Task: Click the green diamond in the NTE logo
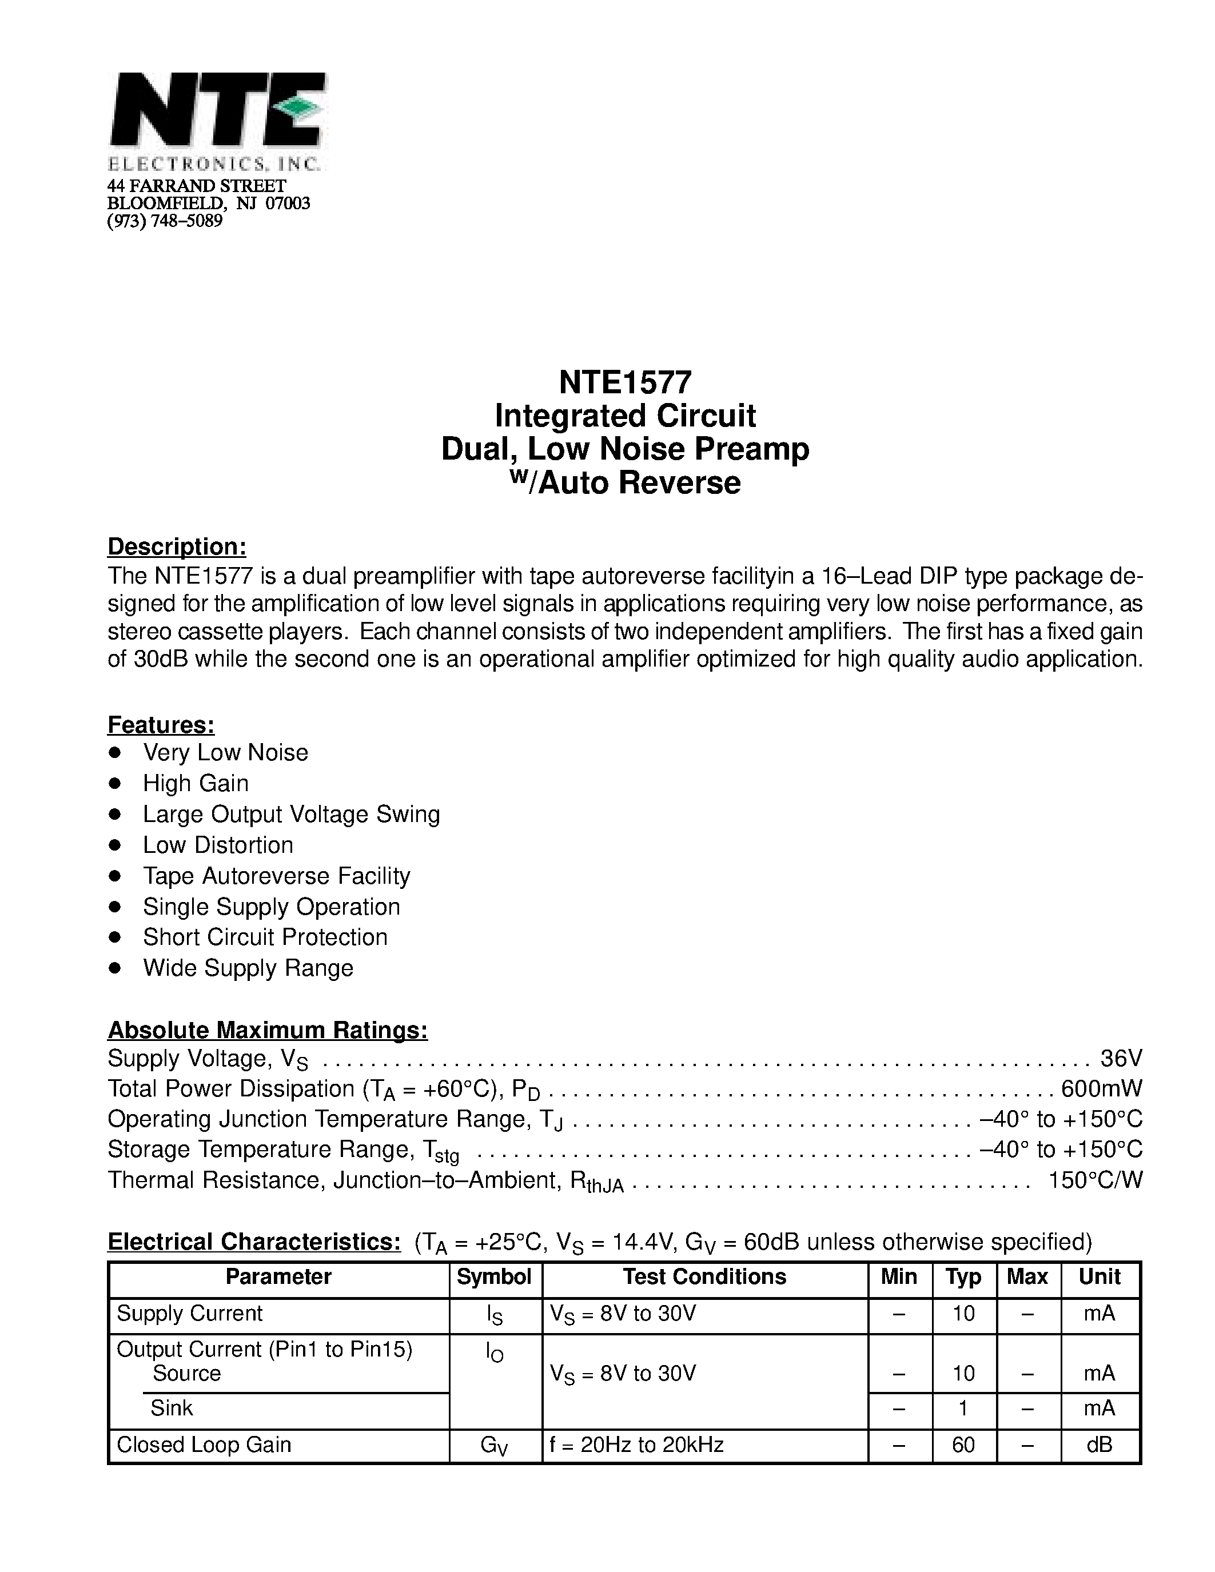(301, 108)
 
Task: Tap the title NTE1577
(625, 382)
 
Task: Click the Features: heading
(161, 724)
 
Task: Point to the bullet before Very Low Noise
(114, 753)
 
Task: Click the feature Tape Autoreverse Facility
(276, 875)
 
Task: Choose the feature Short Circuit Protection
(265, 936)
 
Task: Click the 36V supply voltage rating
(1121, 1058)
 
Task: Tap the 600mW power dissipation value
(1101, 1088)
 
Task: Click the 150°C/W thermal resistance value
(1095, 1180)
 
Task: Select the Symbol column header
(495, 1276)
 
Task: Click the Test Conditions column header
(704, 1276)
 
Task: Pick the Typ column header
(963, 1276)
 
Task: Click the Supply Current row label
(189, 1313)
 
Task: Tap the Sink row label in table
(172, 1407)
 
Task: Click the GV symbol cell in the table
(495, 1445)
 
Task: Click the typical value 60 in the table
(963, 1444)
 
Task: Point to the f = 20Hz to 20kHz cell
(636, 1444)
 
